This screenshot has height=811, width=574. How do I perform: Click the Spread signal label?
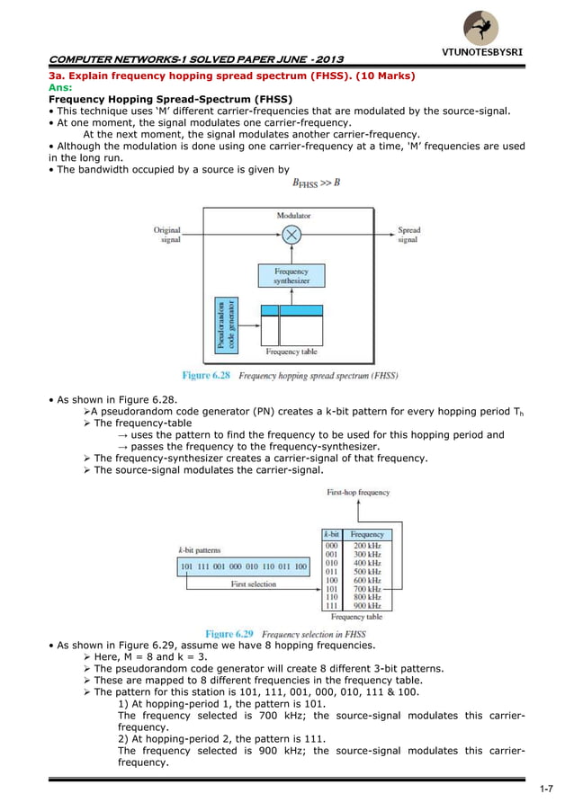tap(408, 236)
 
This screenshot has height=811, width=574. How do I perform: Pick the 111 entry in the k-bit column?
tap(331, 606)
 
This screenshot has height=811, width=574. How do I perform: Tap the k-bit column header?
tap(331, 534)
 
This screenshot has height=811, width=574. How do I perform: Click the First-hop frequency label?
tap(359, 493)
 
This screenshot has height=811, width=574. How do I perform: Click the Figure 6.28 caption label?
tap(209, 375)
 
